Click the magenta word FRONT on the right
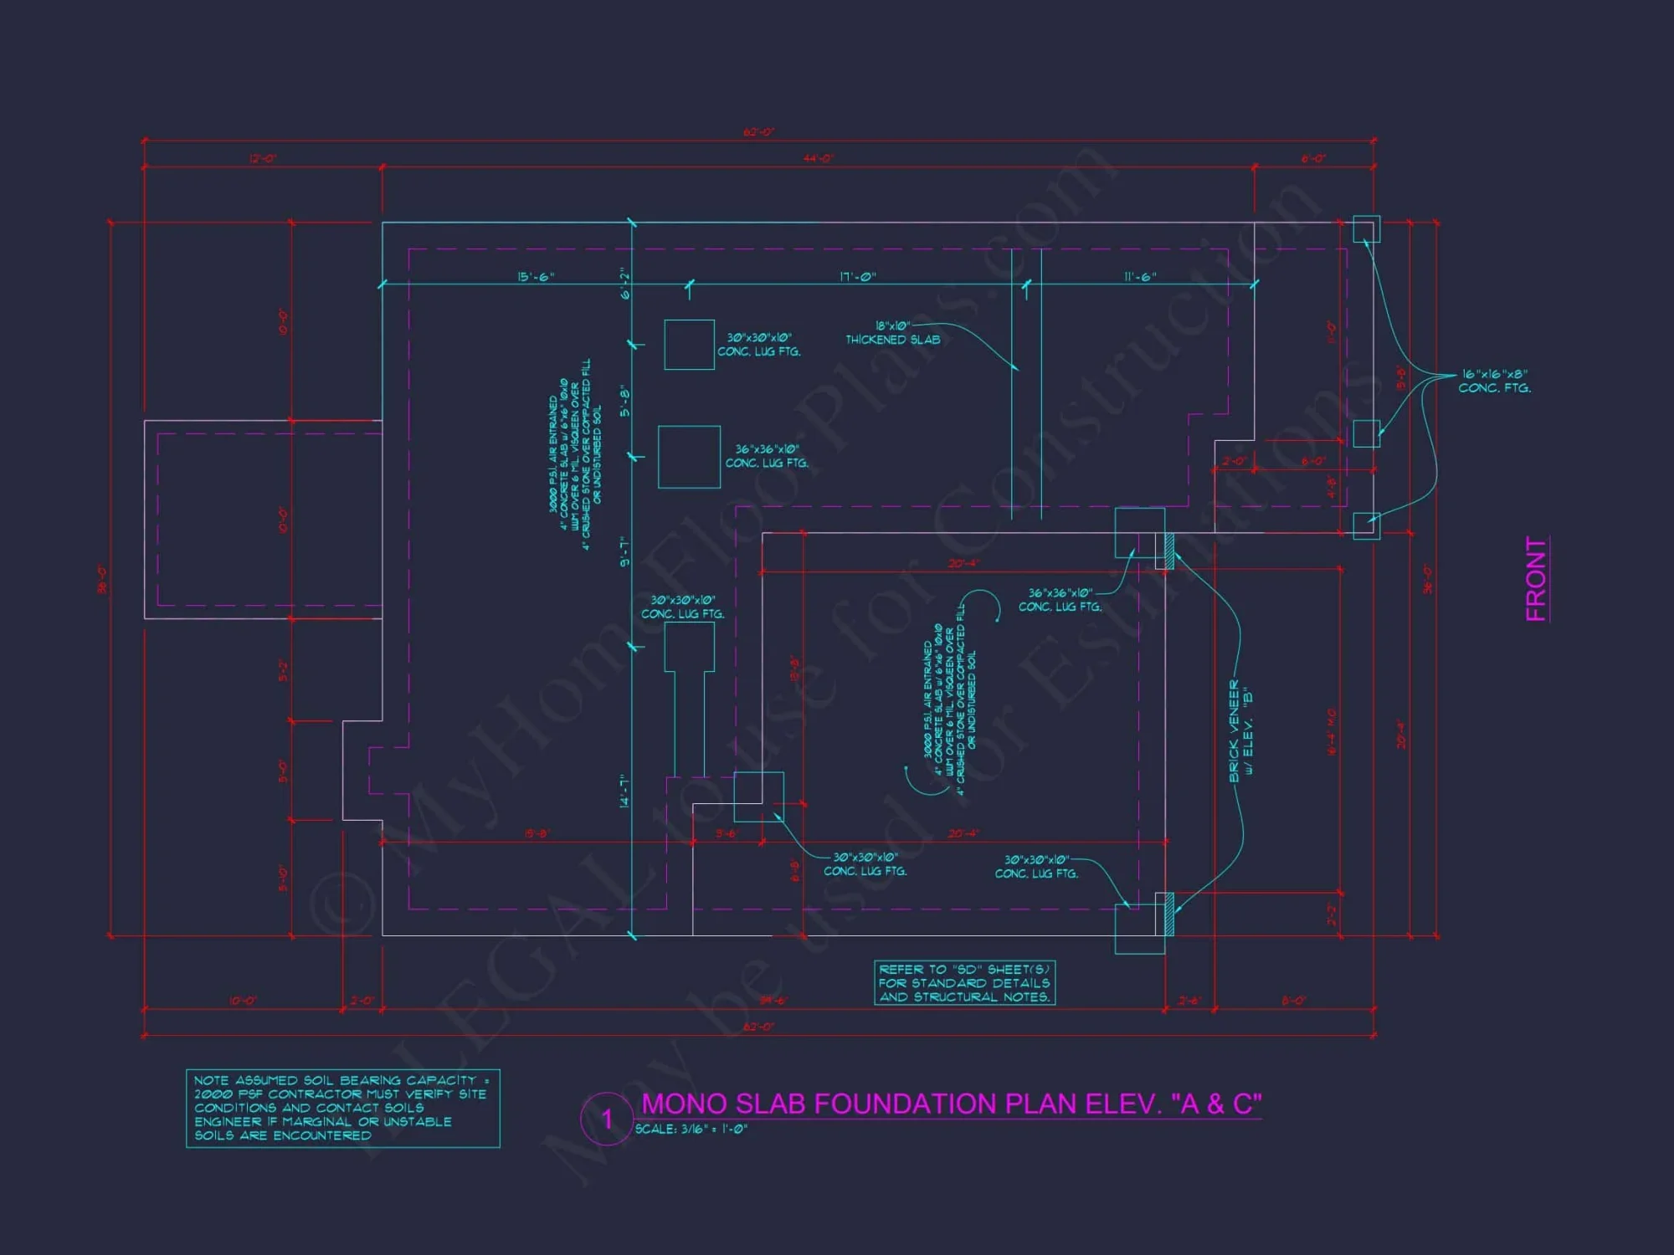pos(1537,579)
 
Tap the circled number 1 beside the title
pos(607,1119)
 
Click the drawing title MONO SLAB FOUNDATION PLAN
pos(951,1104)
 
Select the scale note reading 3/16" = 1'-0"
pos(691,1129)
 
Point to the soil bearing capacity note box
pos(342,1108)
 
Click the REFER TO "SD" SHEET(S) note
pos(964,983)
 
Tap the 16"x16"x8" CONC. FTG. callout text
pos(1494,382)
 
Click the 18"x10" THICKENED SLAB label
pos(892,333)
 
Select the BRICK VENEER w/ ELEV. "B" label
pos(1240,730)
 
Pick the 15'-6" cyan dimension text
pos(536,277)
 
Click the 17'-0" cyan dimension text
pos(858,277)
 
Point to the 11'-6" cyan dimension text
pos(1140,277)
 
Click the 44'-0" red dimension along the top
pos(818,159)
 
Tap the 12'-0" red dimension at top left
pos(263,159)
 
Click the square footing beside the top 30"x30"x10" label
pos(689,345)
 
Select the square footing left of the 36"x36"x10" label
pos(689,457)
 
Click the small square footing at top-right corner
pos(1366,229)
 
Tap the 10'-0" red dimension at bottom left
pos(243,1001)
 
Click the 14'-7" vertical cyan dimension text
pos(624,791)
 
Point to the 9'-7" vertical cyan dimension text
pos(624,552)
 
